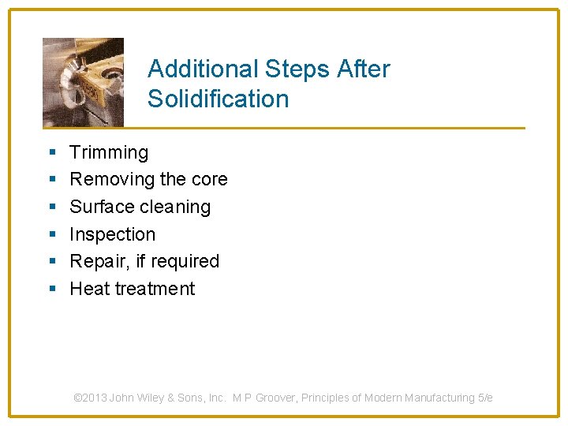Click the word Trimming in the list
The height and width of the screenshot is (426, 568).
point(109,153)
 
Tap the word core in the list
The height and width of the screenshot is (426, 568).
point(209,180)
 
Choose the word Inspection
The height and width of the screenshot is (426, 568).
point(113,234)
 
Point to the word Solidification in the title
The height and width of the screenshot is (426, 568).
point(218,99)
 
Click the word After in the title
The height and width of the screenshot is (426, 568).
point(364,69)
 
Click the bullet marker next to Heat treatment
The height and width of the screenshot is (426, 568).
point(50,289)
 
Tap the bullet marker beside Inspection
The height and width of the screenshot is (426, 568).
point(50,234)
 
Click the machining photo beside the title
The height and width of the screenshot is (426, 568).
point(83,82)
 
